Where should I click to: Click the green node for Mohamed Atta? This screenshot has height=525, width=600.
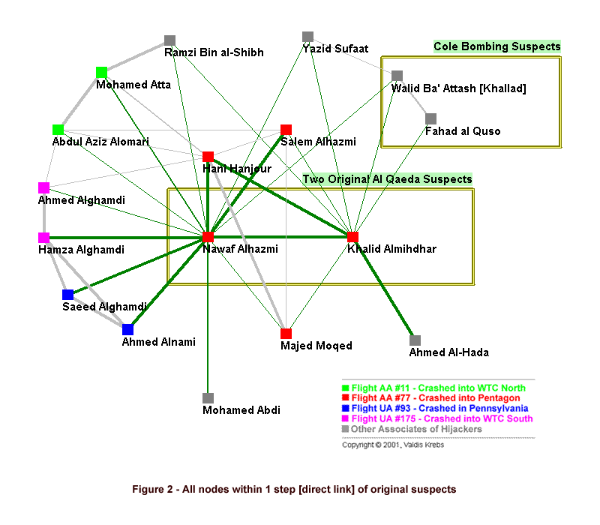pos(101,72)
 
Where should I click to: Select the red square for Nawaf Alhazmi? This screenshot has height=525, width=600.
pos(208,237)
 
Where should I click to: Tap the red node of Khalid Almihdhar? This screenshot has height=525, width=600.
pos(352,237)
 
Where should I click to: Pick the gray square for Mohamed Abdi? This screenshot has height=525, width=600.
pos(208,398)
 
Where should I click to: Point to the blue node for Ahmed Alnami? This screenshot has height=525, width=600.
pos(127,329)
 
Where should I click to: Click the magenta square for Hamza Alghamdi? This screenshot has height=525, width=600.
pos(44,238)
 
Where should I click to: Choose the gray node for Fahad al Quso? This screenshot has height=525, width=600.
pos(430,119)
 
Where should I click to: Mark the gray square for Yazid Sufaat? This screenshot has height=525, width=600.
pos(308,37)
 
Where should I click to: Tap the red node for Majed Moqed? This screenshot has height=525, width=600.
pos(286,334)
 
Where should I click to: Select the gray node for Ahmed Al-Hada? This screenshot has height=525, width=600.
pos(415,340)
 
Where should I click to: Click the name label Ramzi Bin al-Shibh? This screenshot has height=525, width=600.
pos(214,52)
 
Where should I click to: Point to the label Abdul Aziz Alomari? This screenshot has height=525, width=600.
pos(100,142)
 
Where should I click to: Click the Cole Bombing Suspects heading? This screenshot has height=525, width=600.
pos(497,46)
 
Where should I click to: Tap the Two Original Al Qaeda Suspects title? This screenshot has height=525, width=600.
pos(387,179)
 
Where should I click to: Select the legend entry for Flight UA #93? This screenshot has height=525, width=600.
pos(436,408)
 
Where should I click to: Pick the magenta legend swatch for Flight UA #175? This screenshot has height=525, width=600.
pos(345,418)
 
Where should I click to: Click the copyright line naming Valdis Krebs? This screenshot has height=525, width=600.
pos(393,445)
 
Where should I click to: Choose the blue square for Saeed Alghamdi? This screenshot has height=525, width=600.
pos(67,295)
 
